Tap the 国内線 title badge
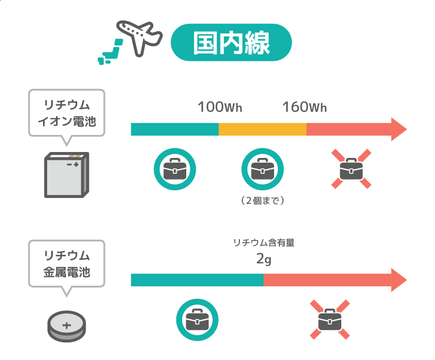click(231, 42)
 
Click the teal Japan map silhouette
click(110, 52)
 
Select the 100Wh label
click(220, 107)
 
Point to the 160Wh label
click(305, 107)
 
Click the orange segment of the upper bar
click(262, 129)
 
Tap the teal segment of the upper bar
click(175, 129)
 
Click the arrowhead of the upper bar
click(399, 129)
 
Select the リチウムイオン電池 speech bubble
click(67, 117)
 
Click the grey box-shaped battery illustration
click(67, 175)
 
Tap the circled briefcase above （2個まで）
click(262, 169)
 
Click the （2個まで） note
click(262, 200)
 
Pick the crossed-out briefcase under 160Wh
click(351, 169)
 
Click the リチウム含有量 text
click(263, 243)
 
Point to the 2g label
click(263, 259)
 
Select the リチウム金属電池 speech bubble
click(67, 267)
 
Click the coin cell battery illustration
click(67, 326)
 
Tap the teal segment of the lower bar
click(197, 280)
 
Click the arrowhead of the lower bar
click(399, 280)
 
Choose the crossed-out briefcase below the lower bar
click(329, 319)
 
